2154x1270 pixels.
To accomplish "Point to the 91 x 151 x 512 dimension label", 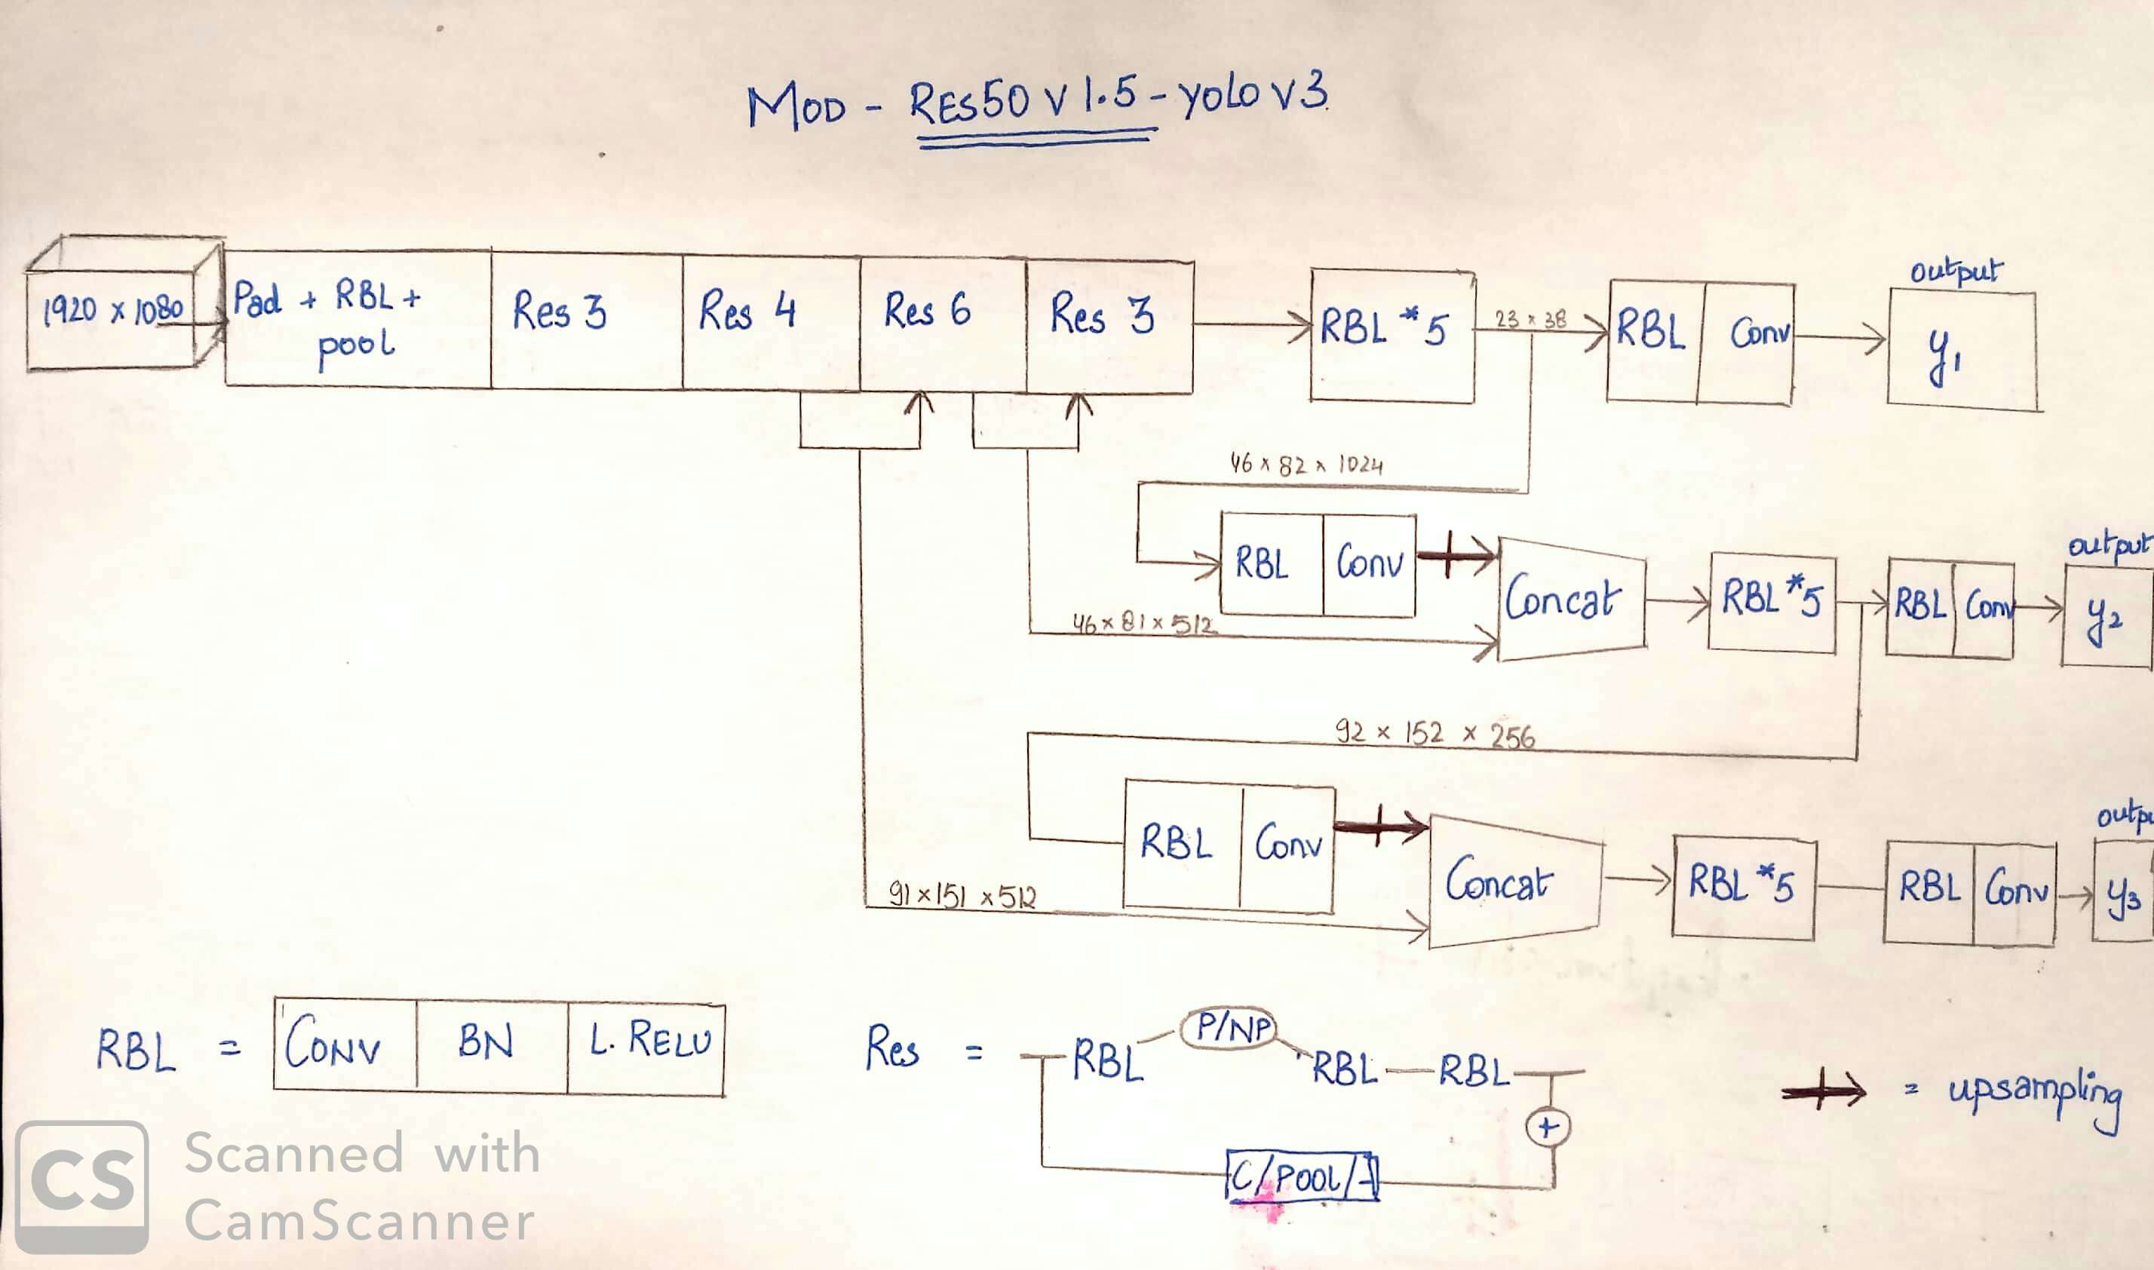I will [963, 896].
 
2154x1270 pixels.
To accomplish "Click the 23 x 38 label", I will [1530, 320].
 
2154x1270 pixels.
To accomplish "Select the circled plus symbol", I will [1548, 1127].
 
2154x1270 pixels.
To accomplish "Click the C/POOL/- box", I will [1303, 1177].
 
